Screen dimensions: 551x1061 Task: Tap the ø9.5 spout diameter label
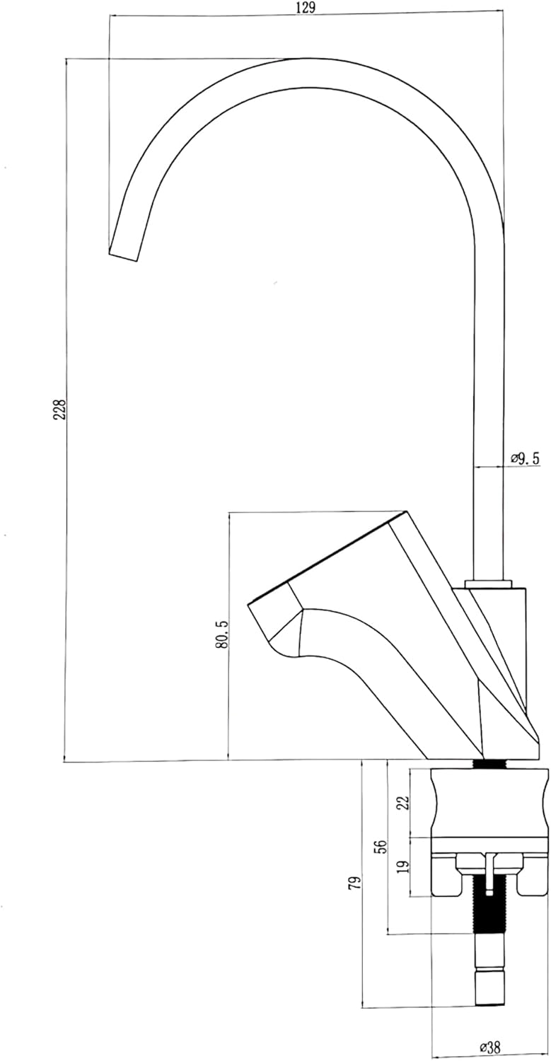click(x=525, y=458)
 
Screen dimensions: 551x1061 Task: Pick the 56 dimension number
click(x=383, y=846)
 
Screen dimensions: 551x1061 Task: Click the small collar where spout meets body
click(x=489, y=584)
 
